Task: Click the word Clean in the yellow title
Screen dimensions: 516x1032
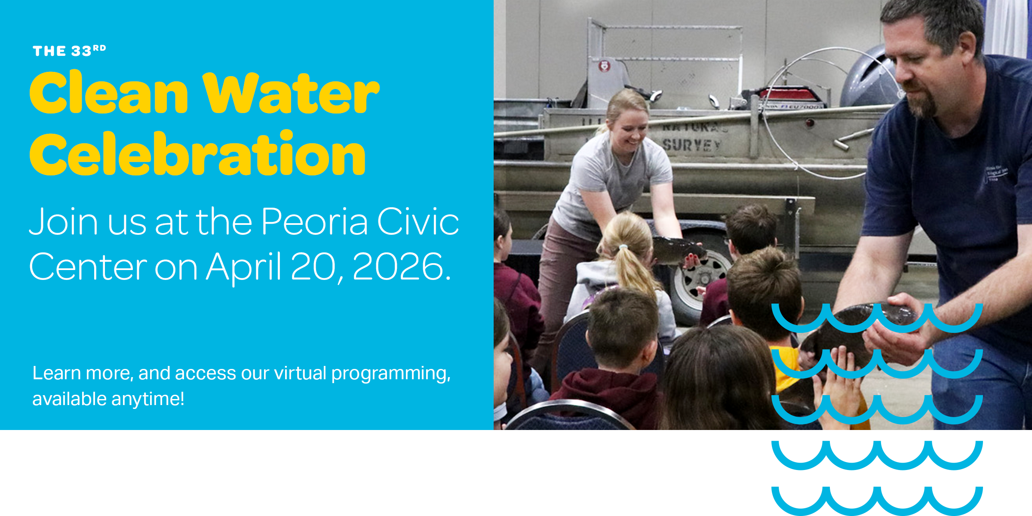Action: tap(108, 94)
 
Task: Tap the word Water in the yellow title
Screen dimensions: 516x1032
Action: tap(291, 94)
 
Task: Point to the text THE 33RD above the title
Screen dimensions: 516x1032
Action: tap(69, 51)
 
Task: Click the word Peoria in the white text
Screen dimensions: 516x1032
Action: tap(315, 222)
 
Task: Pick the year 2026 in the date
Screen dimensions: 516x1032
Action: tap(398, 267)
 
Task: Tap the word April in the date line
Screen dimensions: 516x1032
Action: tap(243, 267)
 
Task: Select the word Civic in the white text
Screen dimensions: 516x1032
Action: tap(418, 222)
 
